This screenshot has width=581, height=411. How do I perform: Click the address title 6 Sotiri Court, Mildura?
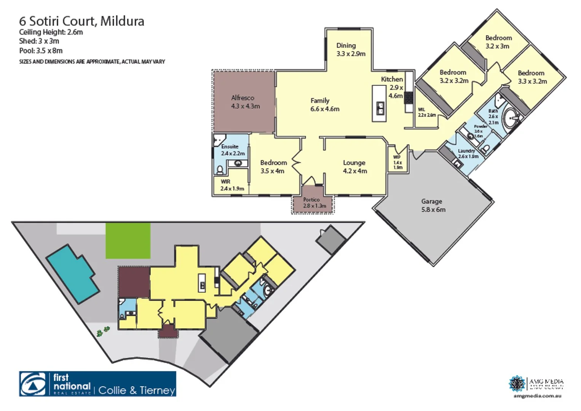pyautogui.click(x=81, y=21)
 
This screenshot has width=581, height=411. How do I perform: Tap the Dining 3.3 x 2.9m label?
pyautogui.click(x=350, y=50)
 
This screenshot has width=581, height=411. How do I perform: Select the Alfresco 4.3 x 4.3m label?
pyautogui.click(x=245, y=102)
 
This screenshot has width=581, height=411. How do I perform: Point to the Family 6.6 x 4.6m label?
pyautogui.click(x=324, y=105)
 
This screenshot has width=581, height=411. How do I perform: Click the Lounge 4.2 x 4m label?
pyautogui.click(x=354, y=167)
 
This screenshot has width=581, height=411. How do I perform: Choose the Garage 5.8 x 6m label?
pyautogui.click(x=433, y=205)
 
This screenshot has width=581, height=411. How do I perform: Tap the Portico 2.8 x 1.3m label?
pyautogui.click(x=314, y=203)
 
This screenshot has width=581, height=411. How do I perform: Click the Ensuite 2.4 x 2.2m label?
pyautogui.click(x=232, y=150)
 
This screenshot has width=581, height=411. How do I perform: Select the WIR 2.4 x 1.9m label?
pyautogui.click(x=232, y=185)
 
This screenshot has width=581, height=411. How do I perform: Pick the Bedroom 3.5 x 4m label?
pyautogui.click(x=273, y=167)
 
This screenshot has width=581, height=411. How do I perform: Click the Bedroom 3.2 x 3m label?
pyautogui.click(x=498, y=42)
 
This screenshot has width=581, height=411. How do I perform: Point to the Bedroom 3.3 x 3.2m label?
pyautogui.click(x=532, y=77)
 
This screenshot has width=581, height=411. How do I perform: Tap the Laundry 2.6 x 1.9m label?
pyautogui.click(x=468, y=154)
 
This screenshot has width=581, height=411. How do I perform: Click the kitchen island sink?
pyautogui.click(x=380, y=108)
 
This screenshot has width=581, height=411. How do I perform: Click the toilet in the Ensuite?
pyautogui.click(x=220, y=169)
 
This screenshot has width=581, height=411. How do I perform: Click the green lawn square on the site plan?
pyautogui.click(x=128, y=241)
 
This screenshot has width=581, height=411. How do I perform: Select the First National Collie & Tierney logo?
pyautogui.click(x=97, y=384)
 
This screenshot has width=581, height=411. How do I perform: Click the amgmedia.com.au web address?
pyautogui.click(x=537, y=396)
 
